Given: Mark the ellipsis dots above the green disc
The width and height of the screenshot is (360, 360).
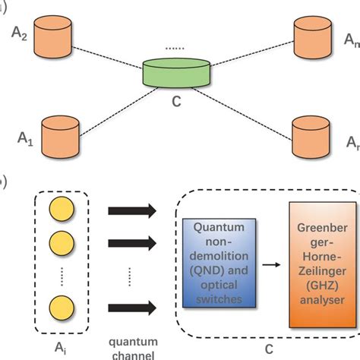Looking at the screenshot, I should pyautogui.click(x=176, y=49).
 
